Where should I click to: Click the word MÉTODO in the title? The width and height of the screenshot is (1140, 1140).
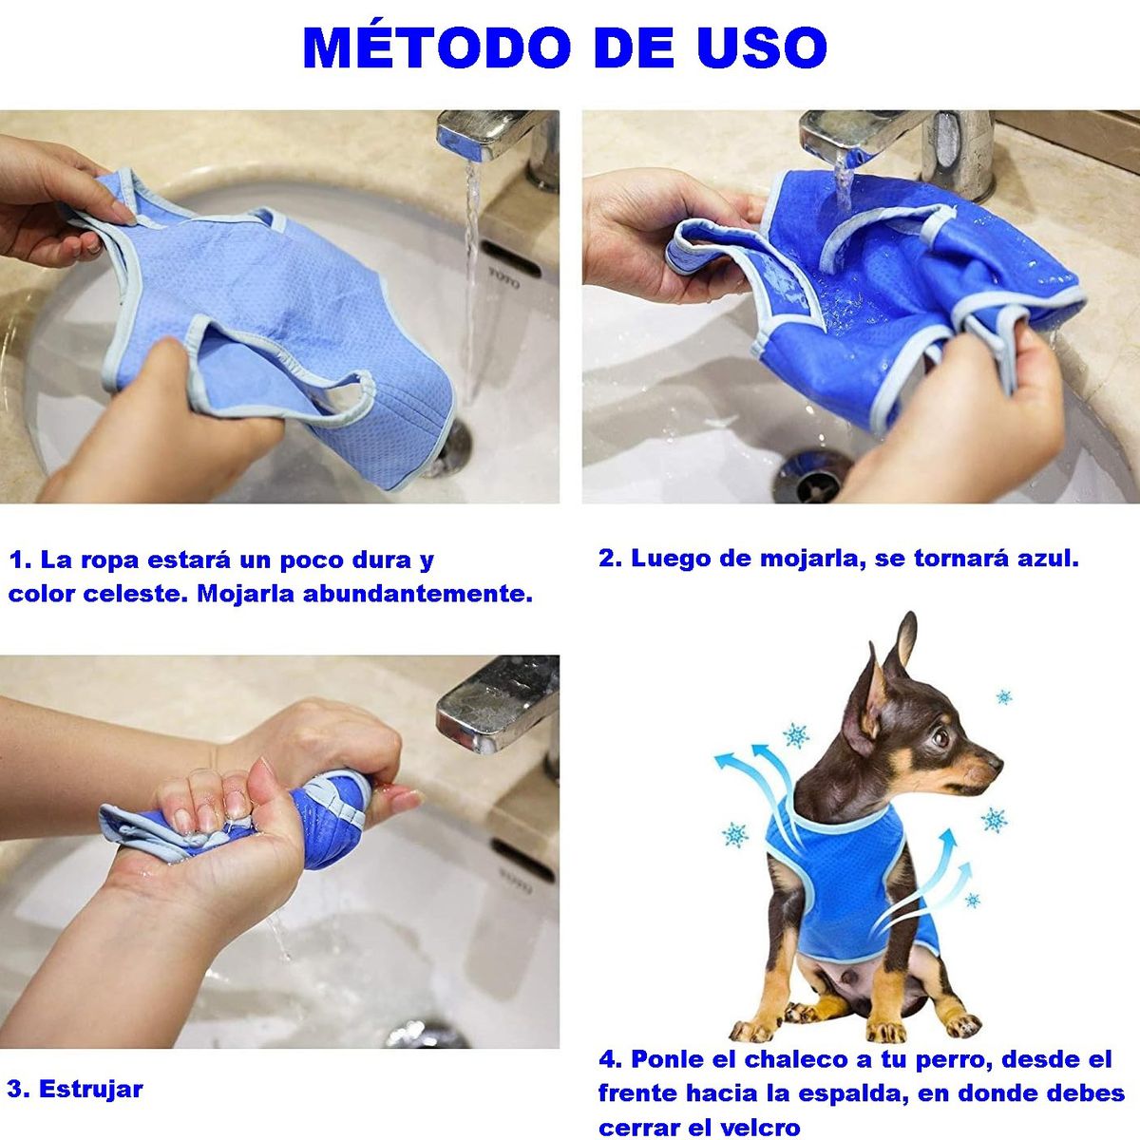(x=437, y=47)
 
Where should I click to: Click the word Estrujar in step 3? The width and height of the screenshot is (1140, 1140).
(x=91, y=1089)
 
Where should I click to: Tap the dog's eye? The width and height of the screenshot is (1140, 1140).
(x=940, y=736)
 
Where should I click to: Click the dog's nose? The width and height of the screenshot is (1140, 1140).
(x=996, y=760)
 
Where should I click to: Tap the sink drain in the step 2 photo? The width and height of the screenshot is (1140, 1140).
(x=810, y=475)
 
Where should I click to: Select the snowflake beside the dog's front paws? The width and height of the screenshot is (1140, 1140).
(x=973, y=899)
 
